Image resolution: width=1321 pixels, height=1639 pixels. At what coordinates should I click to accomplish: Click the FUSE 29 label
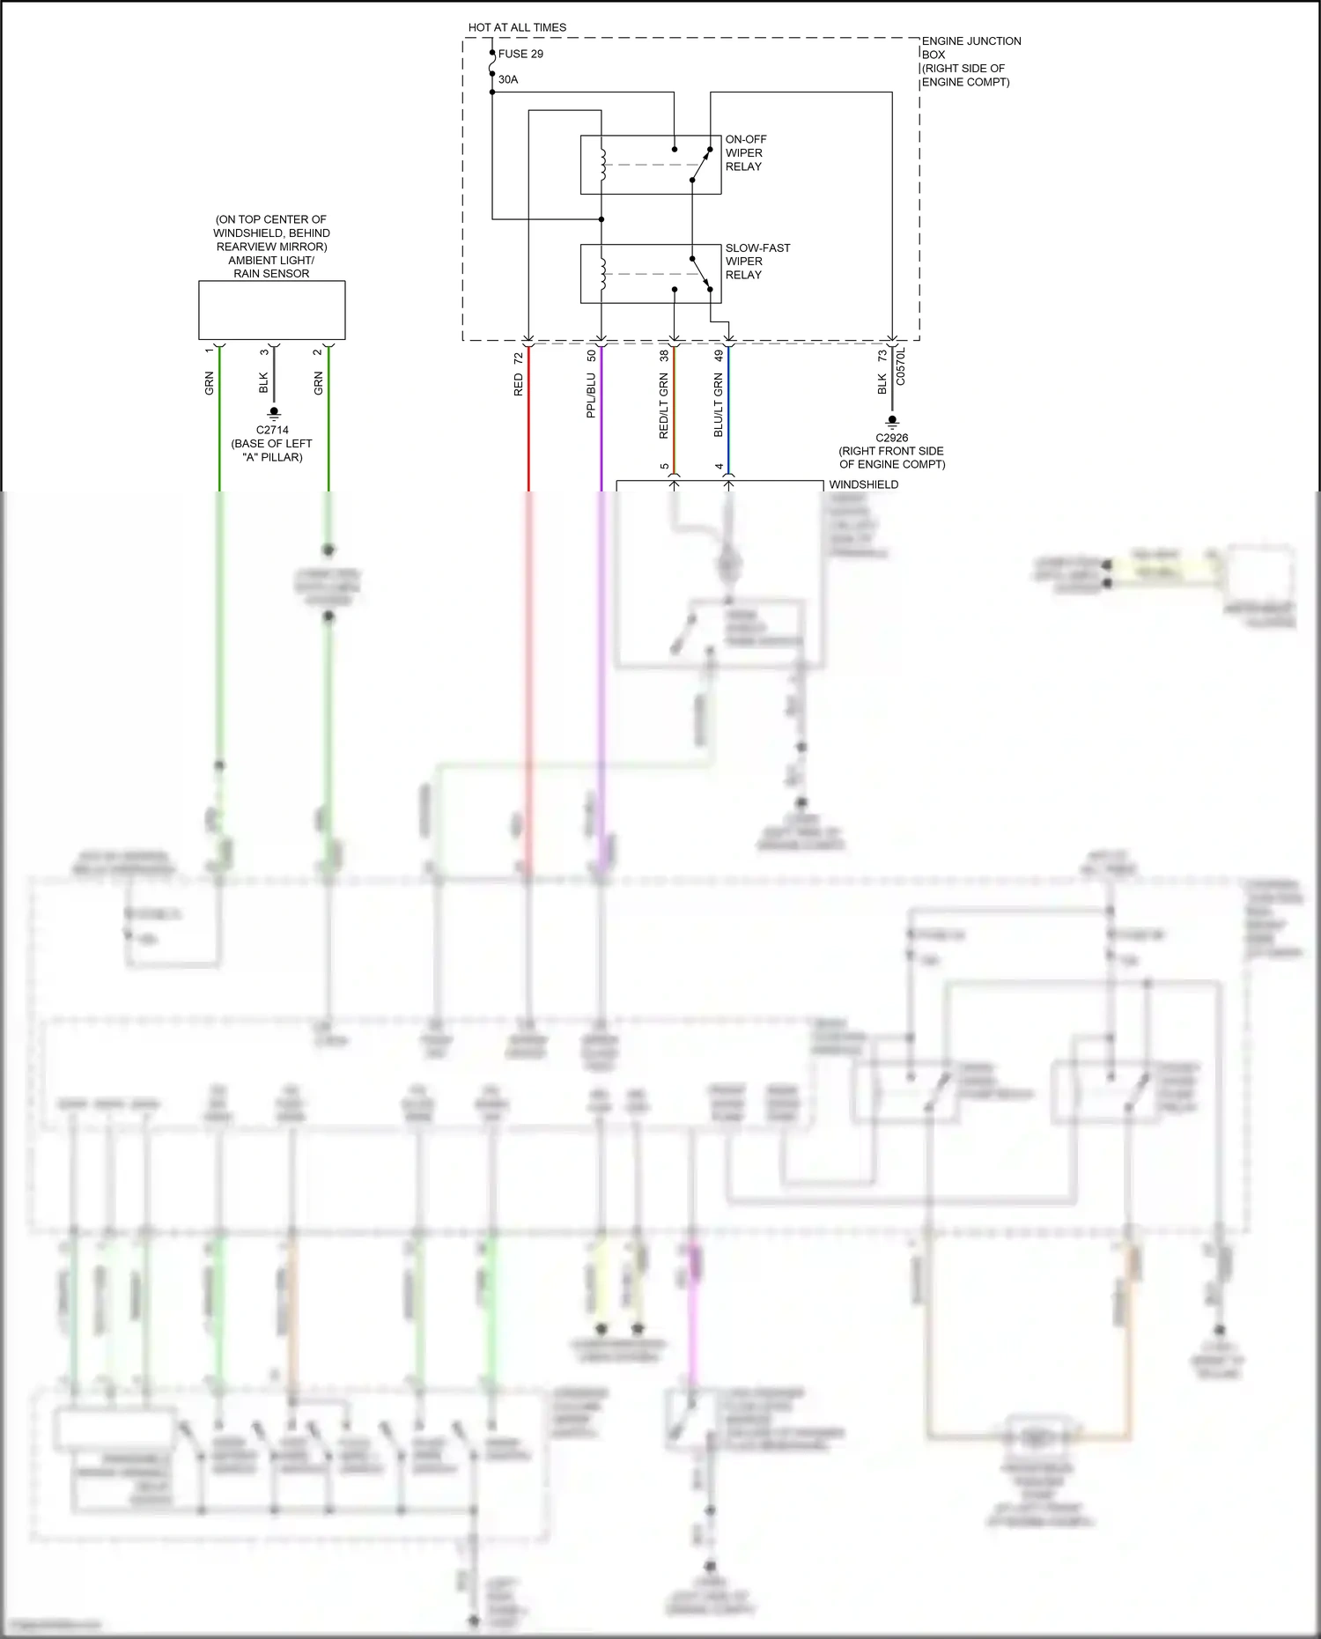click(x=520, y=54)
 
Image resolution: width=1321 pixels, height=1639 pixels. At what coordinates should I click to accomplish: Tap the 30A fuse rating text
click(x=508, y=79)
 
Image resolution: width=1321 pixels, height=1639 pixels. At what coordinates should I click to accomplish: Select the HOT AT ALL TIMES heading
click(x=517, y=27)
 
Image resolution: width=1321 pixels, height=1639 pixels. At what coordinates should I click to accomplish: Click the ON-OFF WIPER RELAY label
click(x=745, y=152)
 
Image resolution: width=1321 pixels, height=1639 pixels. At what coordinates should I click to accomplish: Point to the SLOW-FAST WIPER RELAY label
click(x=756, y=261)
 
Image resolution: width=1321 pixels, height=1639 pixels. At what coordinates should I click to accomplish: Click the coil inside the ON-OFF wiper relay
click(x=602, y=165)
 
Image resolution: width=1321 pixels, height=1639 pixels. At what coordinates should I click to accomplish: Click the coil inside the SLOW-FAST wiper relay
click(x=602, y=274)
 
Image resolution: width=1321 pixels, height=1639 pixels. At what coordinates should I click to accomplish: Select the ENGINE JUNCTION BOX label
click(x=970, y=61)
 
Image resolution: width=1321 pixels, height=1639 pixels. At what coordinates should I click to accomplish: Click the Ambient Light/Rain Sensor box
click(x=271, y=310)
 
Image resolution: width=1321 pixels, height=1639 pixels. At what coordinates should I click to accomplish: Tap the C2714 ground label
click(x=272, y=430)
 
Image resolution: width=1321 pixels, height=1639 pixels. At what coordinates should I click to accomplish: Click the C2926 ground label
click(x=891, y=438)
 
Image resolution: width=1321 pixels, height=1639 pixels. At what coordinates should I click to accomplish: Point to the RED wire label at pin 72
click(x=519, y=384)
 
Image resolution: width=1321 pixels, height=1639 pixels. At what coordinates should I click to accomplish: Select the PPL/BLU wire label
click(x=592, y=395)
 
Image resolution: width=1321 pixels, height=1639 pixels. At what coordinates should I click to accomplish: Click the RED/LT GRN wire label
click(x=664, y=406)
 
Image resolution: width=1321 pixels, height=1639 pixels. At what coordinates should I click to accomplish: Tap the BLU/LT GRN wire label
click(x=719, y=405)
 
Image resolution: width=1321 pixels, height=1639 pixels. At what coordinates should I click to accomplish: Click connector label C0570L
click(x=901, y=366)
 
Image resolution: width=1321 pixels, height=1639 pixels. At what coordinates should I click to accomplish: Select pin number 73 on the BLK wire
click(x=882, y=356)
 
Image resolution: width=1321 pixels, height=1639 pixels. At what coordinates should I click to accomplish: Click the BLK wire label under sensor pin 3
click(x=263, y=382)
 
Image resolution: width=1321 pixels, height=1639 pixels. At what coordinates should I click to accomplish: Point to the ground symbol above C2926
click(x=892, y=421)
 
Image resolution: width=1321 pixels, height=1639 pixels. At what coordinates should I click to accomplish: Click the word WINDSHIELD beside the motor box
click(x=863, y=484)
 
